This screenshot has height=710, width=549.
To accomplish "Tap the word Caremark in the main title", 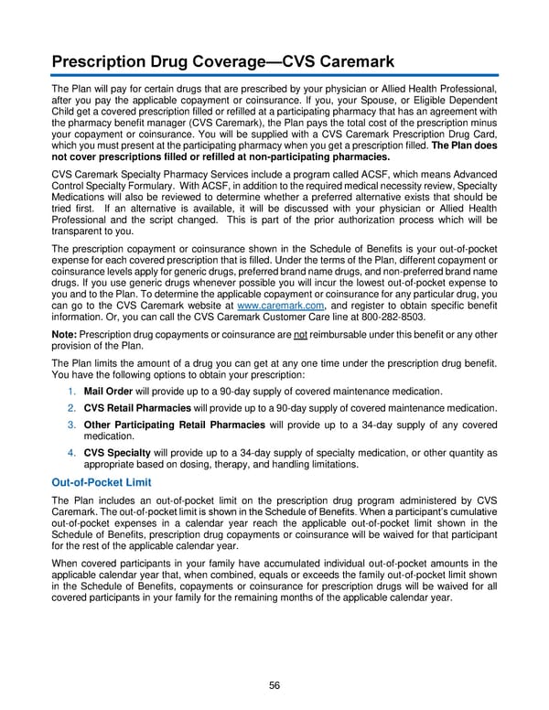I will click(x=350, y=62).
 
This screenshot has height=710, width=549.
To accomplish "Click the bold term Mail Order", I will click(x=108, y=392).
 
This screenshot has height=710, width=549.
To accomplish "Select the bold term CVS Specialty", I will click(x=116, y=452).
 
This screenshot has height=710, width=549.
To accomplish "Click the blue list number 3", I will click(x=71, y=425).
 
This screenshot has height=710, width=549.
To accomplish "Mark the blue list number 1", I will click(x=71, y=392).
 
